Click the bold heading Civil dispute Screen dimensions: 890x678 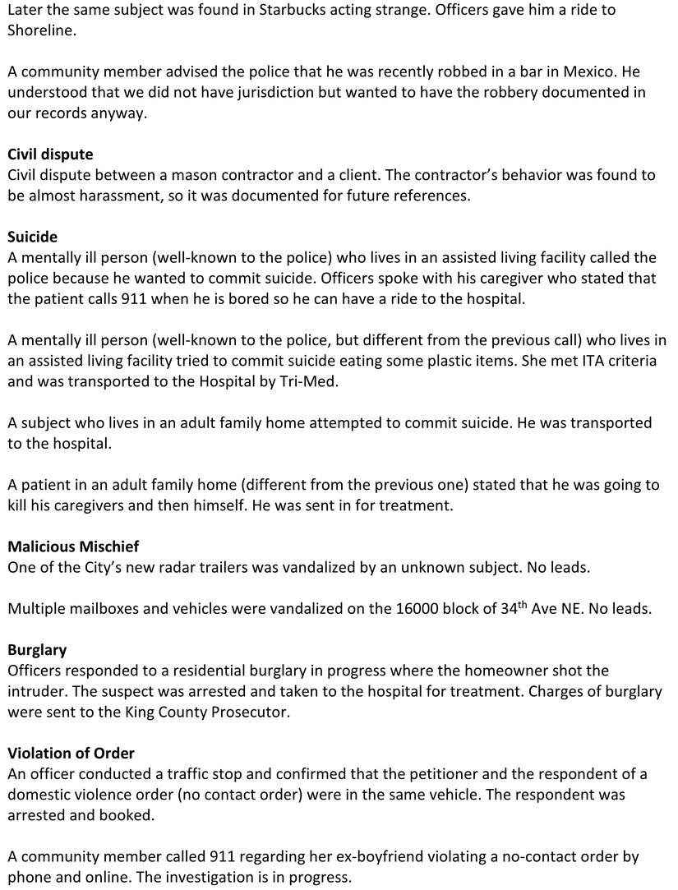50,154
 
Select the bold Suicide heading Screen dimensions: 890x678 33,237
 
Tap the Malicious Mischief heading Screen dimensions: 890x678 73,546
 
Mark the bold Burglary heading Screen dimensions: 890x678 37,650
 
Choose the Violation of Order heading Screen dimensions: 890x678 71,753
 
